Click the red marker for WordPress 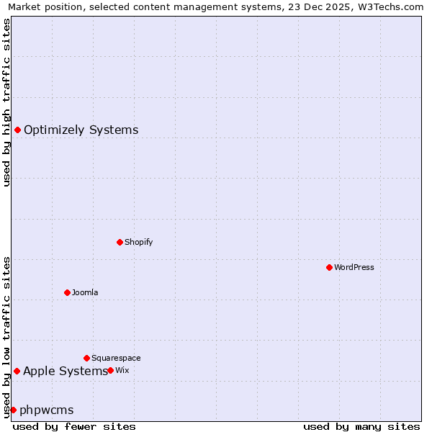329,267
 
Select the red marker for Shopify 120,242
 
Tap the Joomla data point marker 67,292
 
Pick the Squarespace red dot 86,358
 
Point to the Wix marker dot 110,370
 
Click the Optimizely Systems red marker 17,130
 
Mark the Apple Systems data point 17,371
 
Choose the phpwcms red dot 13,410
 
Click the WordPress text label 354,267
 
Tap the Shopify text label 139,242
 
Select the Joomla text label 85,292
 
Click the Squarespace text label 116,358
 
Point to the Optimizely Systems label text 81,130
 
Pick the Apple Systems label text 65,372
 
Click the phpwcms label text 47,410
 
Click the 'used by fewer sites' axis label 74,427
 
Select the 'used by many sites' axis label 361,427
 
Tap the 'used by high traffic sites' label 6,102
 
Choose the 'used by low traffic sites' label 6,336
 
